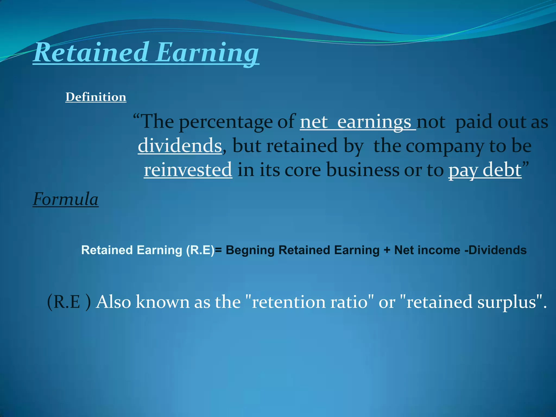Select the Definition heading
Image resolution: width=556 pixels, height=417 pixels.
96,97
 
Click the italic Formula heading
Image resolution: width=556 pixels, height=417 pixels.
65,199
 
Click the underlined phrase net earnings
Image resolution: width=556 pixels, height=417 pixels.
358,122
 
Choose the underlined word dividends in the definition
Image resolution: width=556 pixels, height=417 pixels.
180,146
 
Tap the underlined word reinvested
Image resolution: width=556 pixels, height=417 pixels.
188,170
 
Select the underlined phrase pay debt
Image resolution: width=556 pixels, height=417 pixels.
485,170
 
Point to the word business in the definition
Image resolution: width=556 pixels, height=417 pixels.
362,170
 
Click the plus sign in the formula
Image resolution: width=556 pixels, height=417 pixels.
387,250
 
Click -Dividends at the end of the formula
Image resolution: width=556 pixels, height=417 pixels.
495,250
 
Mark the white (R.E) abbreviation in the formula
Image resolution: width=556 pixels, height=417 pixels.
200,250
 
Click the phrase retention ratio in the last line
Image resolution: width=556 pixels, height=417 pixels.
309,302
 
